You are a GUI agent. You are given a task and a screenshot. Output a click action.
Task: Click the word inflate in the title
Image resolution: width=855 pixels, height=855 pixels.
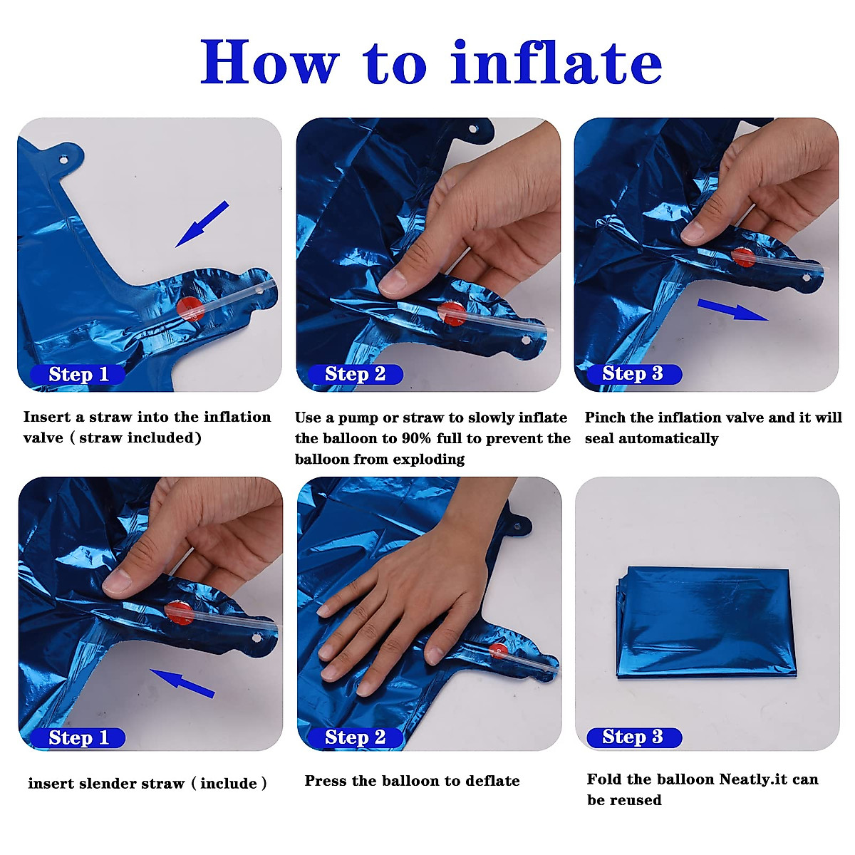(556, 62)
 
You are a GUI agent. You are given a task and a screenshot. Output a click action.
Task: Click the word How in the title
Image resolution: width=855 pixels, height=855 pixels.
(270, 62)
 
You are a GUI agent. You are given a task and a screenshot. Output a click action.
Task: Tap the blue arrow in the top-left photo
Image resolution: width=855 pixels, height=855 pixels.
(202, 224)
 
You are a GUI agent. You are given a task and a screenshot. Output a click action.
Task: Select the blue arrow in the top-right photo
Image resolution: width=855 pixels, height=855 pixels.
(732, 309)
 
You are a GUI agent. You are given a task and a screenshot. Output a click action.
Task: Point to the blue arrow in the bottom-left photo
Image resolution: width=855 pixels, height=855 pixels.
(182, 683)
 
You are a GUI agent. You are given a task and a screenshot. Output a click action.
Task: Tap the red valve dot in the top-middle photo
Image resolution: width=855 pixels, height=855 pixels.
(452, 313)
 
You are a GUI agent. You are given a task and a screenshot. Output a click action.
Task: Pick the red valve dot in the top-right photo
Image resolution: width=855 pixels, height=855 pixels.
(743, 257)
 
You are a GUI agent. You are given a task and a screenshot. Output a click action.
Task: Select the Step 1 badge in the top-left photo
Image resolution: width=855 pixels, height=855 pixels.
(78, 375)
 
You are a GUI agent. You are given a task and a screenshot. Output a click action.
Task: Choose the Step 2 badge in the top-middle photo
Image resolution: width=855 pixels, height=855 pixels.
(355, 374)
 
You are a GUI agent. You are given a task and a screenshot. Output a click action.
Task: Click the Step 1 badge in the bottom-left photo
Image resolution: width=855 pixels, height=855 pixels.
(78, 738)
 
